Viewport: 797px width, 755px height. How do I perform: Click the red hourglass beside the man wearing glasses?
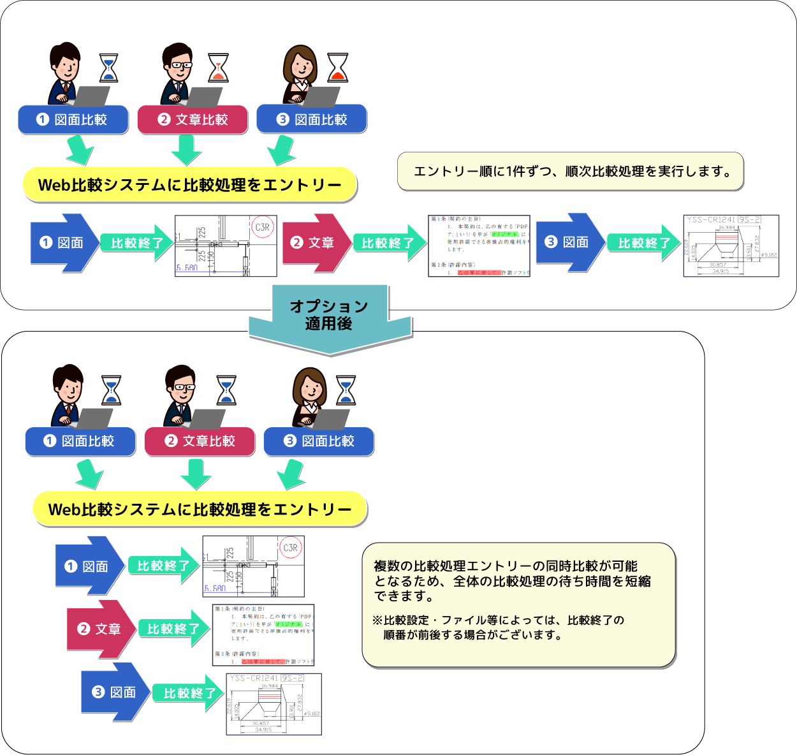click(219, 68)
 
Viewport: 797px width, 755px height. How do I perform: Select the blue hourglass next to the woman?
click(346, 390)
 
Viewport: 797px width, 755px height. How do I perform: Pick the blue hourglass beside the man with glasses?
click(226, 390)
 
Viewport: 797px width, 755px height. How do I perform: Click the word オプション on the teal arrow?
click(329, 306)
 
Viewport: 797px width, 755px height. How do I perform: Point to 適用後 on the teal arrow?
click(329, 324)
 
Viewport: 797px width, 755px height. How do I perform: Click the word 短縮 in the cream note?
click(638, 581)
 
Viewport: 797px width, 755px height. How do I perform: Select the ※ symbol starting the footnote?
click(377, 620)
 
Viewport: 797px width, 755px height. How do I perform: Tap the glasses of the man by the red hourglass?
click(180, 65)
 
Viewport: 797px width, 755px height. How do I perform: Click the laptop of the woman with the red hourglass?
click(321, 96)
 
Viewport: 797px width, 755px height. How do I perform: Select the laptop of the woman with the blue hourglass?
click(331, 418)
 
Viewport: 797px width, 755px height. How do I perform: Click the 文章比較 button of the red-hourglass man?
click(193, 120)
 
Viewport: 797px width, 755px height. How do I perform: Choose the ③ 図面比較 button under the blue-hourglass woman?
click(319, 441)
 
